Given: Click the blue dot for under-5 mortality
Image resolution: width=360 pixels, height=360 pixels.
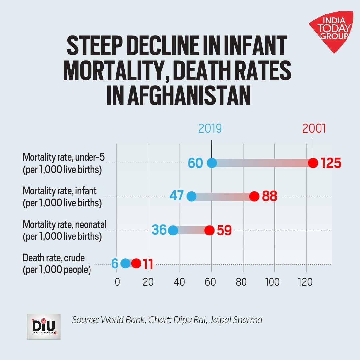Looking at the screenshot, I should click(x=212, y=163).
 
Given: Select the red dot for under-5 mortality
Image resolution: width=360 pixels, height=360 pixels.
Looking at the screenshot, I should click(x=313, y=163).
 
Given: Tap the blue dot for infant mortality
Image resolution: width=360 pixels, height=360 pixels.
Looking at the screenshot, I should click(x=191, y=197).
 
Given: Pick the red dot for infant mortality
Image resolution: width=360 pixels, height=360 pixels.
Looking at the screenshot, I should click(x=254, y=196).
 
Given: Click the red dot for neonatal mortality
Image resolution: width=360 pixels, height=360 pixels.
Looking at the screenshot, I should click(x=209, y=230).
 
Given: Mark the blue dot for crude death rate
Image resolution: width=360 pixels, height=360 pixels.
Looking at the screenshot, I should click(x=125, y=263).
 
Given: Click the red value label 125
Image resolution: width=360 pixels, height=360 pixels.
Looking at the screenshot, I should click(x=331, y=163).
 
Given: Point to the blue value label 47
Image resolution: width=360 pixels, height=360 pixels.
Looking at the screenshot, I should click(x=177, y=196).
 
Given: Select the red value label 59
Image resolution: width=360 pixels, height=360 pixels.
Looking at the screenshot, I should click(x=224, y=230).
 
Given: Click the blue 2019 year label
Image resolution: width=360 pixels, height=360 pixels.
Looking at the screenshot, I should click(x=210, y=128).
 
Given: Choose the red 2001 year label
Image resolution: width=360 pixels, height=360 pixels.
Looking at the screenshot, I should click(x=314, y=128).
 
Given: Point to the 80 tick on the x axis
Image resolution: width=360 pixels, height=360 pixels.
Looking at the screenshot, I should click(x=241, y=282).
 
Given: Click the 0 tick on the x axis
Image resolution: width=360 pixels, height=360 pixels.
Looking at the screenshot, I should click(x=117, y=282).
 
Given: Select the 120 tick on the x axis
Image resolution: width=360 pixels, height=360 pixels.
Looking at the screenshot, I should click(x=305, y=282).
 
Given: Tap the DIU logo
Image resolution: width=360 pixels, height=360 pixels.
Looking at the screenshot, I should click(x=44, y=326).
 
